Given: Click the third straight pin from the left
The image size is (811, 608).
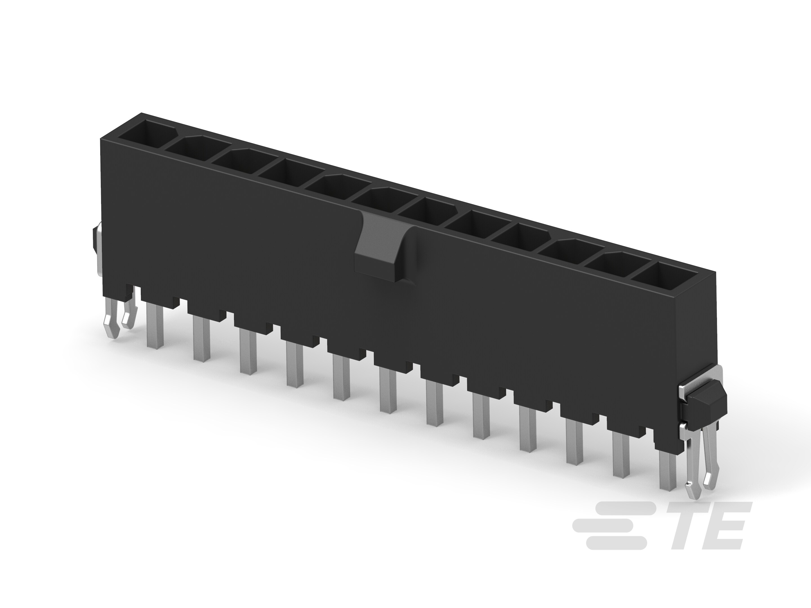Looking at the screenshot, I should (248, 352).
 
